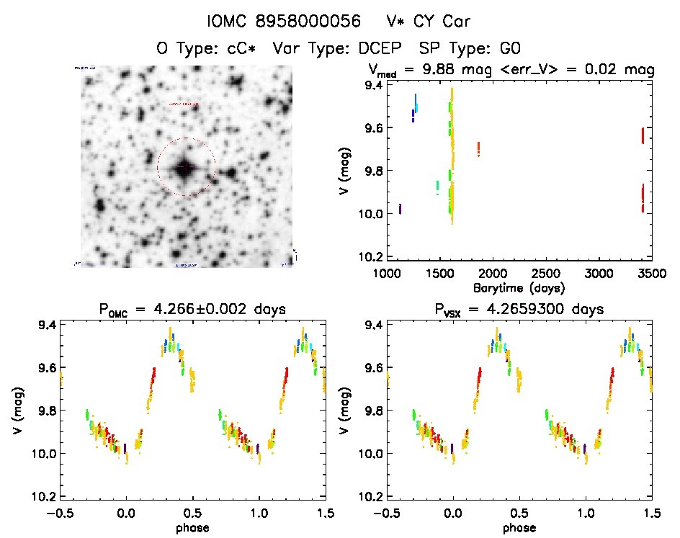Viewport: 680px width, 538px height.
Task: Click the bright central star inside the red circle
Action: (185, 168)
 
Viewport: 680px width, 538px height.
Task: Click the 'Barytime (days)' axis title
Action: (519, 287)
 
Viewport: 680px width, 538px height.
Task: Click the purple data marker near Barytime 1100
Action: (400, 209)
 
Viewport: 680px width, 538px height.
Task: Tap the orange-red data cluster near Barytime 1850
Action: (478, 149)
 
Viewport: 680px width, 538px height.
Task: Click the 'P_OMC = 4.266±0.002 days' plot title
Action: (192, 310)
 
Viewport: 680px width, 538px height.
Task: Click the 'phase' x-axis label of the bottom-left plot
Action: (192, 527)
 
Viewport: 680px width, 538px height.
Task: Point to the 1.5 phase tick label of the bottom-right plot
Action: (650, 514)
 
